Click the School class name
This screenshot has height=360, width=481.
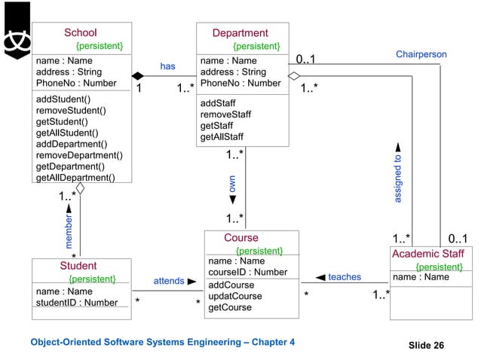(80, 32)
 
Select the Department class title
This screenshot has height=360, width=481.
(240, 33)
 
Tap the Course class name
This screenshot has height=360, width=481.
(241, 238)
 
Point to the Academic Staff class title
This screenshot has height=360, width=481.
(427, 254)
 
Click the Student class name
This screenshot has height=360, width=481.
(78, 266)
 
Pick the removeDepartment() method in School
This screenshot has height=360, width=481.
(79, 155)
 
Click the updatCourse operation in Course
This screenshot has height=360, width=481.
(235, 296)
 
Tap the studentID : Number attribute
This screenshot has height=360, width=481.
(77, 303)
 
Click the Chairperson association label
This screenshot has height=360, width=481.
(421, 54)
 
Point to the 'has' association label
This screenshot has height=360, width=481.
(167, 66)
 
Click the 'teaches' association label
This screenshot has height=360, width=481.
(345, 277)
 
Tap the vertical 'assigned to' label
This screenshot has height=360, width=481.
(397, 179)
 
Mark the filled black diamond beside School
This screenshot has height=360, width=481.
(138, 76)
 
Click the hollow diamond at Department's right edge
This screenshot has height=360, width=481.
(294, 76)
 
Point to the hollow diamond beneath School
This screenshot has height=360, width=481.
(79, 188)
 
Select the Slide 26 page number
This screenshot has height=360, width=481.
(426, 345)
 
